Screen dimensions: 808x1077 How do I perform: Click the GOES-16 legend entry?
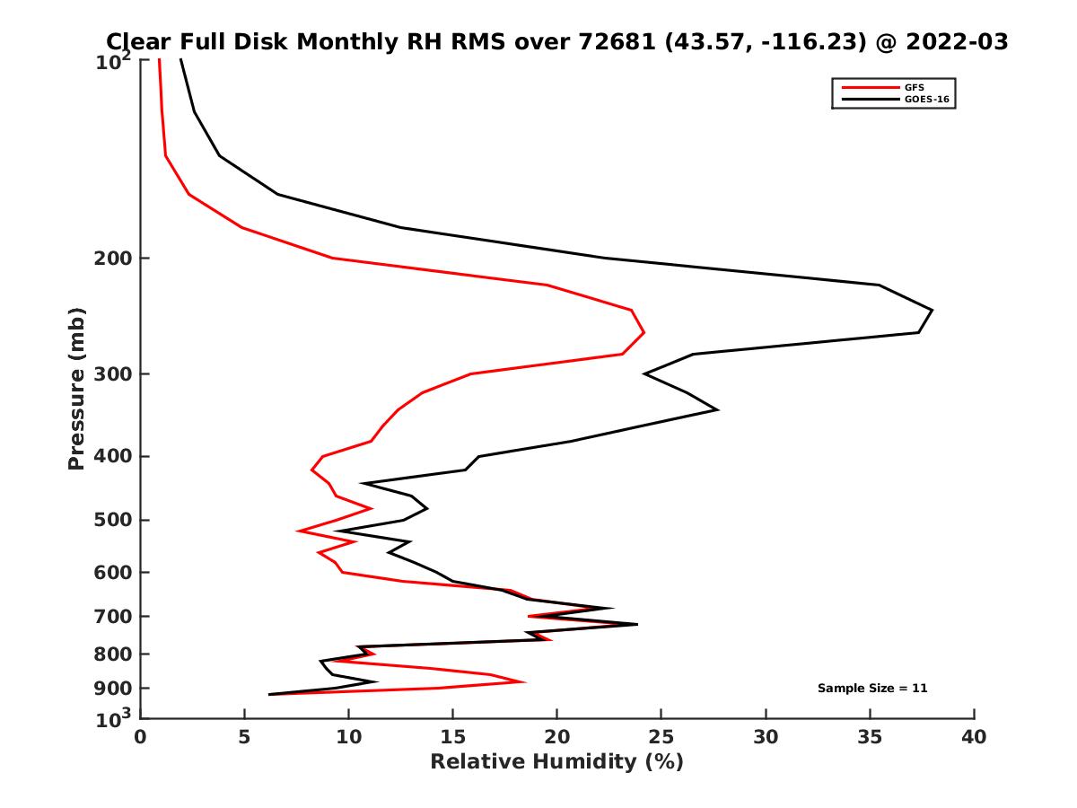[924, 99]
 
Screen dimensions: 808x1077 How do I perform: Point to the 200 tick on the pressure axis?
[114, 259]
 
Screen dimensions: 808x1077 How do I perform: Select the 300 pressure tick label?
[114, 374]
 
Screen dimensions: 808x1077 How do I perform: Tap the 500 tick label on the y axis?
[114, 520]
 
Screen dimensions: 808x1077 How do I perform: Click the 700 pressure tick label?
[114, 617]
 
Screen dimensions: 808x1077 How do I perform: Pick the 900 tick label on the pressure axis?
[114, 689]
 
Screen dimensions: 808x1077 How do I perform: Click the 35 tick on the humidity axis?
[870, 737]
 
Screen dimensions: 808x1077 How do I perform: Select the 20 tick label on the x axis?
[556, 737]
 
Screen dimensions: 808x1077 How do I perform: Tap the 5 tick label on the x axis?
[244, 737]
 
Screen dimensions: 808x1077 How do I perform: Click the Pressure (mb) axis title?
[76, 388]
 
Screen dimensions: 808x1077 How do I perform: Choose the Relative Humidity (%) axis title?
[556, 762]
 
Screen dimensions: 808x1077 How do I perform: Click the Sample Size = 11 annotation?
[871, 689]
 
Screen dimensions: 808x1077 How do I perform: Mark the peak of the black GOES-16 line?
[933, 311]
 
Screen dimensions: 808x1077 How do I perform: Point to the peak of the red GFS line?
[644, 333]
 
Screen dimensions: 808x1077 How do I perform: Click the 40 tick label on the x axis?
[974, 737]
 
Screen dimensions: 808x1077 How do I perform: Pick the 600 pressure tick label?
[114, 573]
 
